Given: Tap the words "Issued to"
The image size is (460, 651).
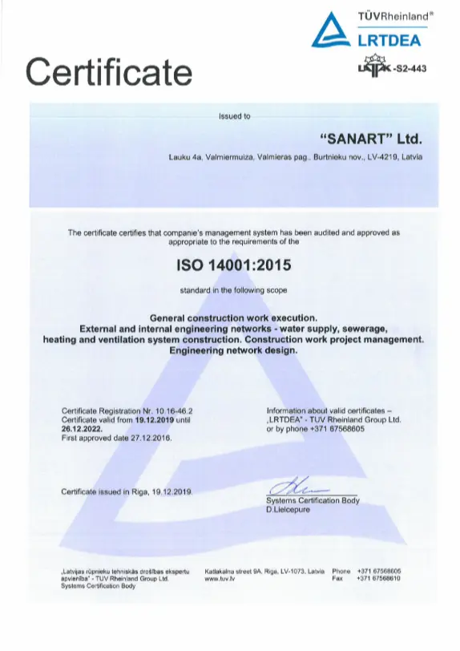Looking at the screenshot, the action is [234, 116].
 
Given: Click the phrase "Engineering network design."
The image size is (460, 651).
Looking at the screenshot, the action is [234, 350].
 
